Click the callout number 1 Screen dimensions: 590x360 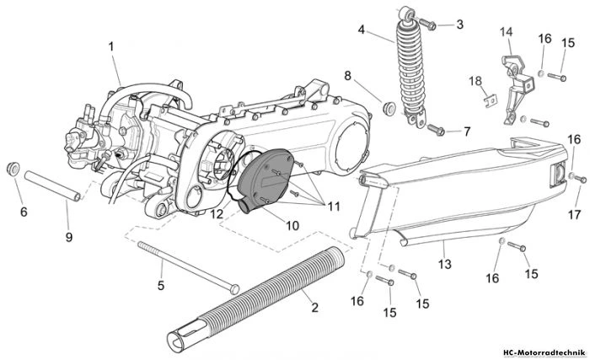tap(111, 46)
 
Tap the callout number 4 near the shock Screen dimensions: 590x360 tap(362, 30)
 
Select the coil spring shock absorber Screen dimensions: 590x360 tap(411, 67)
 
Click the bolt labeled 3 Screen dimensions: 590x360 tap(427, 24)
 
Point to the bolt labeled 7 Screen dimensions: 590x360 tap(436, 130)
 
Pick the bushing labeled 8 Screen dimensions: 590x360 tap(389, 107)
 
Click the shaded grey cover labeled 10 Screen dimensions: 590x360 tap(265, 180)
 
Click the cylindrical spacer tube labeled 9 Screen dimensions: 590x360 tap(52, 186)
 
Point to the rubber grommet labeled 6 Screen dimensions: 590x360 tap(13, 169)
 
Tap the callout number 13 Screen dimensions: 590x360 tap(444, 264)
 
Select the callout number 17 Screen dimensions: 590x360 tap(574, 215)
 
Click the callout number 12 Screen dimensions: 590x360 tap(217, 214)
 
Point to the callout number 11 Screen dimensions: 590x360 tap(334, 207)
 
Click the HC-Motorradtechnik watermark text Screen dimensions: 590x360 tap(544, 353)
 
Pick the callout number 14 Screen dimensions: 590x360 tap(506, 32)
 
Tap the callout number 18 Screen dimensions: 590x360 tap(475, 81)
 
